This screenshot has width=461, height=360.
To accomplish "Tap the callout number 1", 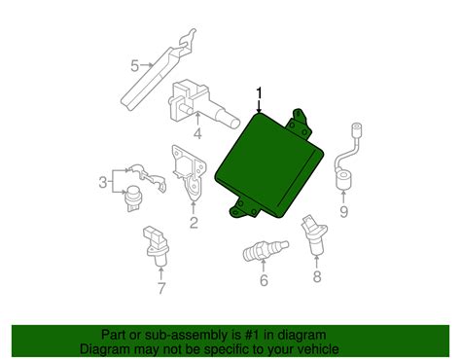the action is pos(259,93).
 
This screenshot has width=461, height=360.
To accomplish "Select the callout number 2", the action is pos(194,223).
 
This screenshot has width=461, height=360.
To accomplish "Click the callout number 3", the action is pos(103,182).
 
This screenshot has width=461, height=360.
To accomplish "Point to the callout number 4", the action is pos(197,133).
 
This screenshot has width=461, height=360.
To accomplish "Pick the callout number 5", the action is pos(135,66).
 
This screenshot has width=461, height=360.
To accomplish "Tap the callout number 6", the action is pos(264,280).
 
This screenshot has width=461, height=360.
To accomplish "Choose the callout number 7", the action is pos(161,288).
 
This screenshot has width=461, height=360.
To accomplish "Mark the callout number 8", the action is pos(317,276).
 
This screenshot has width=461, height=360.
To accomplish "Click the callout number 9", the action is pos(343,212).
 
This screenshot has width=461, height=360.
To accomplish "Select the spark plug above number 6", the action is pos(266,250).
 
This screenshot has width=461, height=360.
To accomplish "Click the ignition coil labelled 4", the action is pos(201,104).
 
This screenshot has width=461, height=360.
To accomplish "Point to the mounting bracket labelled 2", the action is pos(189,172).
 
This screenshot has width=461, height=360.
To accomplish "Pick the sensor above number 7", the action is pos(157,246).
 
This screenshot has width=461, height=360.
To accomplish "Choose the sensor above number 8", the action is pos(314,235).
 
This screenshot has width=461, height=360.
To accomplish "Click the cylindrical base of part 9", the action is pos(343,180).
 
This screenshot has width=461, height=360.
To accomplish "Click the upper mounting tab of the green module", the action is pos(300,125).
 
